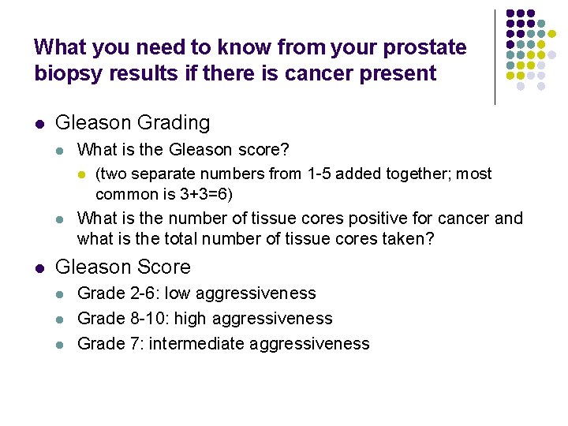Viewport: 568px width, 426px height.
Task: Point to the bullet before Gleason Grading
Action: [39, 124]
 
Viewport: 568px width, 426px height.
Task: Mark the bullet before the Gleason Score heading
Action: [39, 268]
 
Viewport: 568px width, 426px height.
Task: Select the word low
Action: [177, 293]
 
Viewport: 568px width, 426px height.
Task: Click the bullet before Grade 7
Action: [61, 344]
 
